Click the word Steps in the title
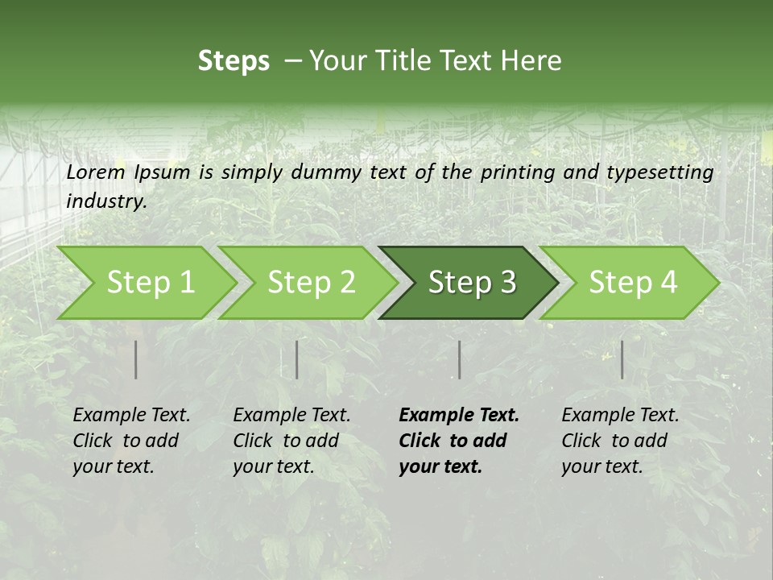(x=234, y=61)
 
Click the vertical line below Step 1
(x=136, y=359)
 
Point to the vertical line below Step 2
(x=297, y=359)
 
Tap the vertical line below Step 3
(x=460, y=359)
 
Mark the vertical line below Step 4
(x=622, y=359)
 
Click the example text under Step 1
(x=131, y=441)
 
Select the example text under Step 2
(x=291, y=441)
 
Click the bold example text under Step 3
(x=459, y=441)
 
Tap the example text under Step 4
(x=620, y=441)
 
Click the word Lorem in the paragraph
(x=96, y=172)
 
